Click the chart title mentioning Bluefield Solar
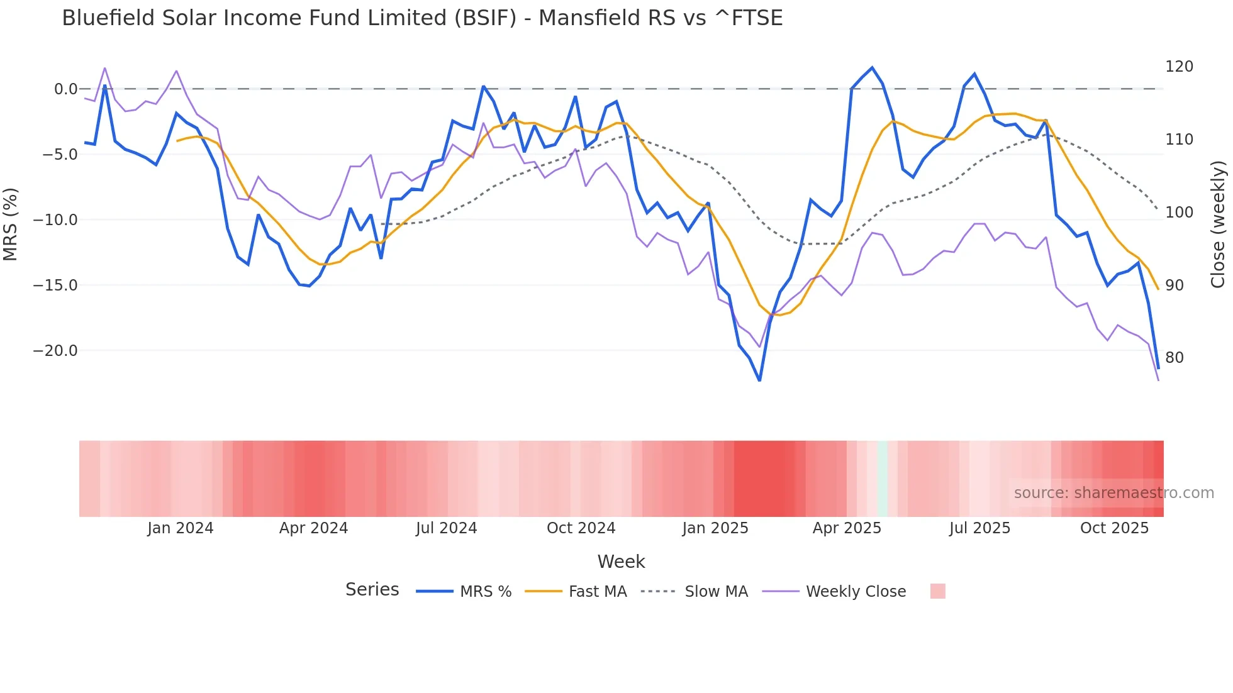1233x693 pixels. [x=422, y=18]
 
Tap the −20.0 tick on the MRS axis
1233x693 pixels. [x=55, y=351]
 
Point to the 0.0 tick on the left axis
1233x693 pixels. [x=65, y=89]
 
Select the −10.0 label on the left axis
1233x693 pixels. [x=55, y=220]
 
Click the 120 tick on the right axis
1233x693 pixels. [x=1179, y=67]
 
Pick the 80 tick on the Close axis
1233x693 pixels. [x=1174, y=358]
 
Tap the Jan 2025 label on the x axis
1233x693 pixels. [x=715, y=528]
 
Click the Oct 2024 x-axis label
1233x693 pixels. [x=581, y=528]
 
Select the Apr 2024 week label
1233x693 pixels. [x=313, y=528]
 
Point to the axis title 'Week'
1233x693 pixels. [x=621, y=562]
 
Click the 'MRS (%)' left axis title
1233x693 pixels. [x=11, y=225]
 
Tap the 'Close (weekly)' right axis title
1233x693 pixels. [x=1219, y=225]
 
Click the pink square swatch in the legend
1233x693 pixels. [x=937, y=592]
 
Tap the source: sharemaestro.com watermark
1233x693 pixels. [x=1113, y=493]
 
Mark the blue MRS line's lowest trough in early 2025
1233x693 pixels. [x=759, y=380]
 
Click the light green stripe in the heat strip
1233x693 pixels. [x=882, y=479]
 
